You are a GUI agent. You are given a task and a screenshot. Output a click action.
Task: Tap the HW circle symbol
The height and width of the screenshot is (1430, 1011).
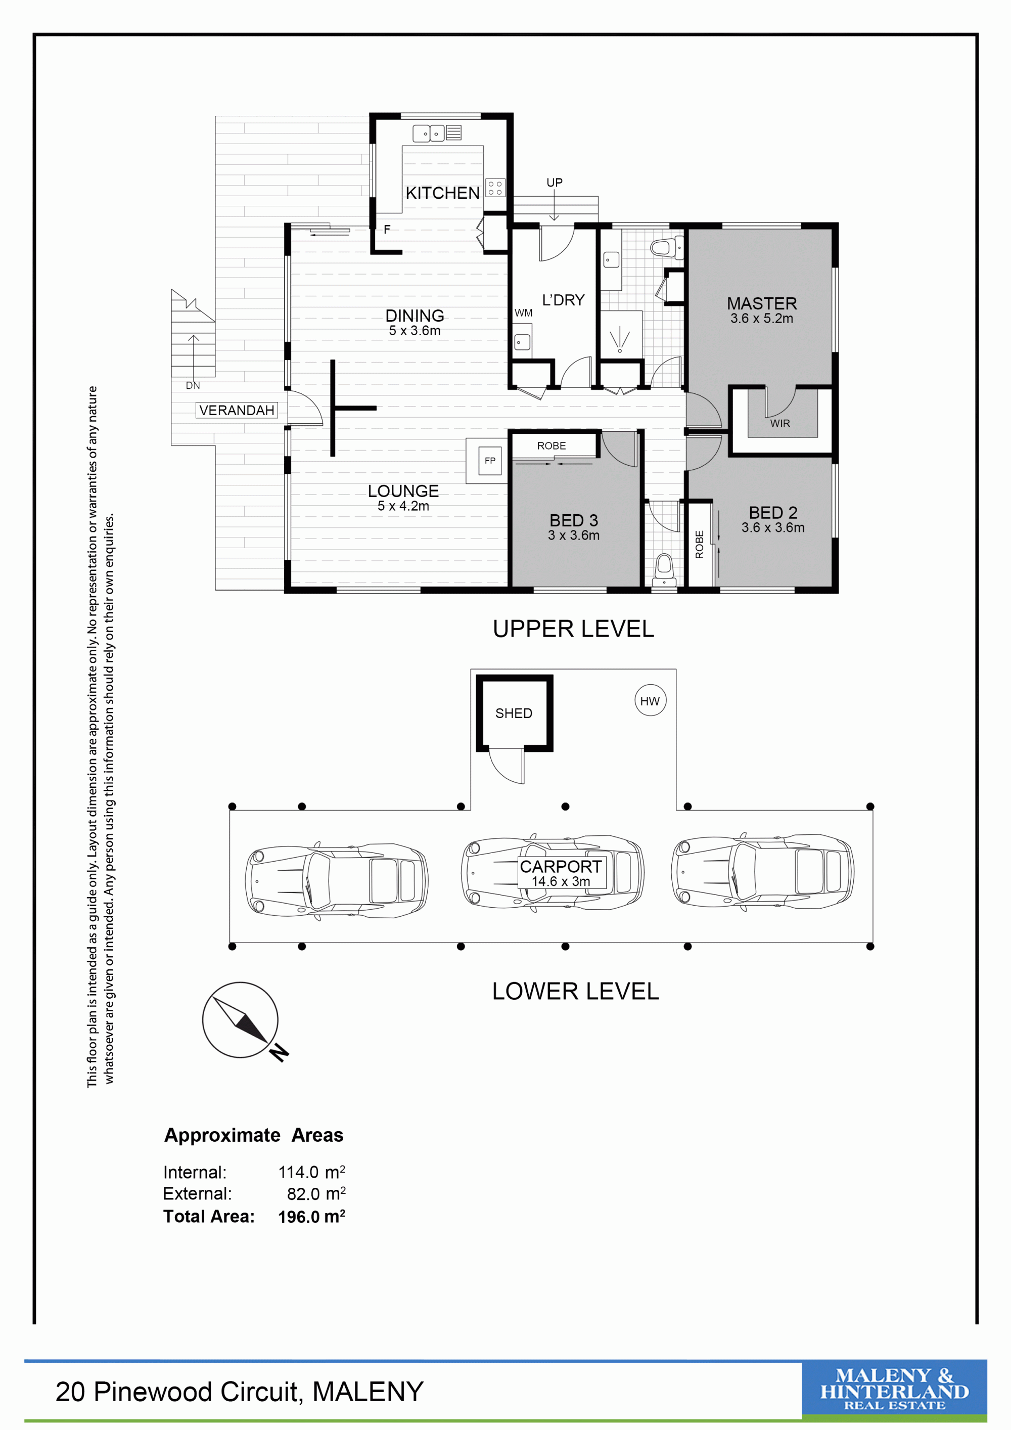(x=650, y=701)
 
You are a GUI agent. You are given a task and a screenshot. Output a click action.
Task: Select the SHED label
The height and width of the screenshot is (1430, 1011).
(x=514, y=713)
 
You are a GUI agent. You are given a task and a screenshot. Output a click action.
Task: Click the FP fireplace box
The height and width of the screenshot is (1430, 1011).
(x=490, y=461)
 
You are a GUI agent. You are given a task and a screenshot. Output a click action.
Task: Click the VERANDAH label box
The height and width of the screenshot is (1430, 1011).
(x=237, y=410)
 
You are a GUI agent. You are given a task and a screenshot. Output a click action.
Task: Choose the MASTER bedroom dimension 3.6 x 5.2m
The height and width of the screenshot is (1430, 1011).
(x=761, y=318)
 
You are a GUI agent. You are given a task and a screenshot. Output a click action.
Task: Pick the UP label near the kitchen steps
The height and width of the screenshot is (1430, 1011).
(x=554, y=183)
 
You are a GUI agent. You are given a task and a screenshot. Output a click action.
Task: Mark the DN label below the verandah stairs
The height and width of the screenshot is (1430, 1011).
(x=193, y=385)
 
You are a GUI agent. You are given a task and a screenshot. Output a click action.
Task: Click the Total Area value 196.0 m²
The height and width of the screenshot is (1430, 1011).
(x=311, y=1217)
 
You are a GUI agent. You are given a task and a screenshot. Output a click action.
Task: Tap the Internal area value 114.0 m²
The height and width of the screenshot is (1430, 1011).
(x=311, y=1172)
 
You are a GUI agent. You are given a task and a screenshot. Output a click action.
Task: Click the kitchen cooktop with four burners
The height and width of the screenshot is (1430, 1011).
(x=495, y=188)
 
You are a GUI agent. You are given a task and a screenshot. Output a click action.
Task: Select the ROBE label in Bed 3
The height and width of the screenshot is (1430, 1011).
(x=552, y=446)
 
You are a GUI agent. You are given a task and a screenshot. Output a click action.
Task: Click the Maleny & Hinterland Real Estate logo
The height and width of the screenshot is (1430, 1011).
(x=894, y=1389)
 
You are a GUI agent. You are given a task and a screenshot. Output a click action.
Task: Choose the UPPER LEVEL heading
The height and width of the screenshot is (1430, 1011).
(x=573, y=629)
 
